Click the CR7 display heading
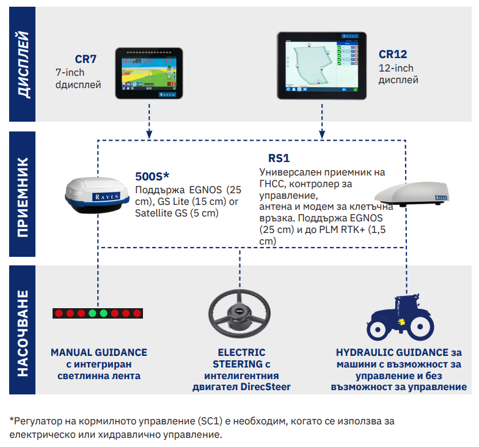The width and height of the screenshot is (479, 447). [86, 59]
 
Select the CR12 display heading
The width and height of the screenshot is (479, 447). [393, 54]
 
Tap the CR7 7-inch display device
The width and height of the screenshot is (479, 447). [149, 73]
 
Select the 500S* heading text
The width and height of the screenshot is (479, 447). [152, 176]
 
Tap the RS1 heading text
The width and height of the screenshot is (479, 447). [279, 158]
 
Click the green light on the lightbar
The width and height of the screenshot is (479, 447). [92, 314]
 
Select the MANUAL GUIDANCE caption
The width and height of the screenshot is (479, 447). [99, 353]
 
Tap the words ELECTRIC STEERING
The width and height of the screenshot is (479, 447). [242, 359]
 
